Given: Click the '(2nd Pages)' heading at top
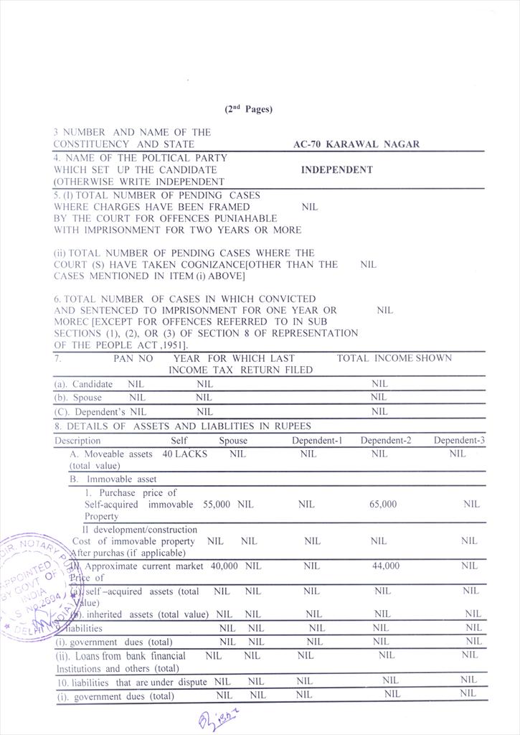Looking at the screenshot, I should (248, 109).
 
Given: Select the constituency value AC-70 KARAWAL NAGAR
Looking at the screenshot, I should (356, 144).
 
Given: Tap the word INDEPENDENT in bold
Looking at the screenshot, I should (336, 170).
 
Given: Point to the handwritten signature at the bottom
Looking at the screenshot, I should (216, 718).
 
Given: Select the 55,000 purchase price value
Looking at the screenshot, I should (217, 505).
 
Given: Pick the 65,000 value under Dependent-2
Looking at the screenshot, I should (382, 505).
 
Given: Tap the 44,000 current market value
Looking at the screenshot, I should (386, 566).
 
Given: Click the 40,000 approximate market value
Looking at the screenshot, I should (224, 566).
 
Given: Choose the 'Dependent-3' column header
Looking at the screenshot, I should (459, 440).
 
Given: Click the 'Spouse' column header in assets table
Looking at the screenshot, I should (232, 440).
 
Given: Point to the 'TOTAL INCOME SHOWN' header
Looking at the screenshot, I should (394, 358).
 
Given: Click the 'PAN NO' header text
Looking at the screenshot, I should (133, 358).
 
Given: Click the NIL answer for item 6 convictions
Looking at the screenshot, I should (384, 310).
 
